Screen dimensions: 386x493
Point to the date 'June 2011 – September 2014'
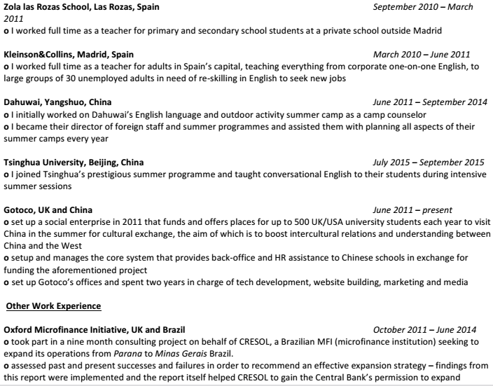click(431, 102)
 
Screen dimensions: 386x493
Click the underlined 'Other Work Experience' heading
click(53, 306)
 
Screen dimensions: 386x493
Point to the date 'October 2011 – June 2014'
click(425, 329)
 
